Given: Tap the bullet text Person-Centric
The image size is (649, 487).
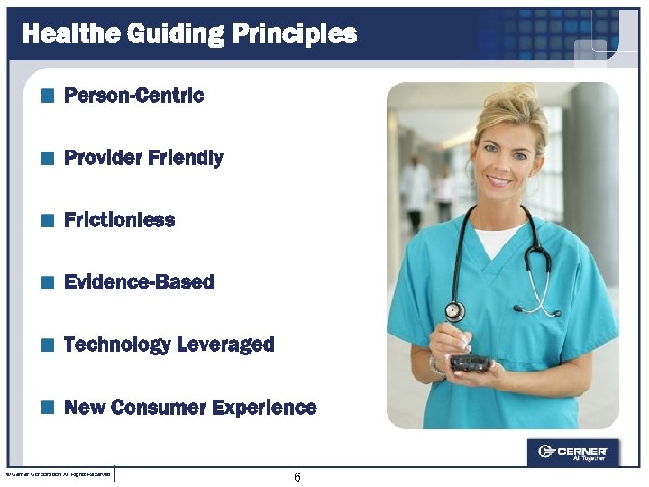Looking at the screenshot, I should pos(134,95).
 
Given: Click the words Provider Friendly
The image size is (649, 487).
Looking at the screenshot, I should pos(143,158).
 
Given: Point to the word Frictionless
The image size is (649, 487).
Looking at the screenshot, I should pos(119,220).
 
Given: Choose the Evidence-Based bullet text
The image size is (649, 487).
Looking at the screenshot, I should pos(139,282).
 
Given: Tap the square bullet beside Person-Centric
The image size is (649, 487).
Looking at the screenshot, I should pos(47,95).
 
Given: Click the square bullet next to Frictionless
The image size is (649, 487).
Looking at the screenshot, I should pos(47,220).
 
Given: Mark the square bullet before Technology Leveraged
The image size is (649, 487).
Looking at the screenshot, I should pos(47,345).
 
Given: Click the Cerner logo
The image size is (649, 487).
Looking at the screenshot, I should pos(572,452).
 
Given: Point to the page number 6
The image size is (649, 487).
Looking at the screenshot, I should pos(297,477).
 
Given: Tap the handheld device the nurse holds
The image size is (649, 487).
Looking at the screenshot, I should pos(470,363).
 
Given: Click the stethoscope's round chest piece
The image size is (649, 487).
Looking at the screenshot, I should pos(455,311).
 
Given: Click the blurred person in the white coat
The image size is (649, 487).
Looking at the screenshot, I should pos(416,185).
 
